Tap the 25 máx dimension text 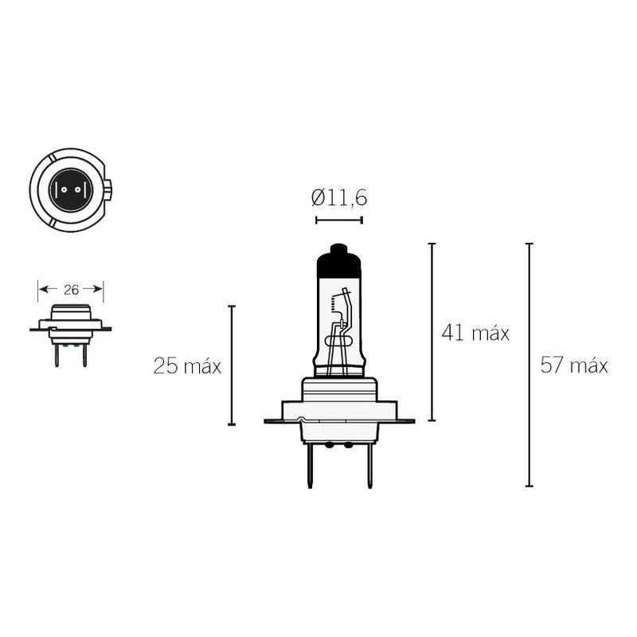pyautogui.click(x=187, y=366)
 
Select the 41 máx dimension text pyautogui.click(x=475, y=333)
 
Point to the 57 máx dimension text pyautogui.click(x=574, y=366)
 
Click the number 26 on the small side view pyautogui.click(x=71, y=290)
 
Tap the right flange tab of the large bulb pyautogui.click(x=404, y=419)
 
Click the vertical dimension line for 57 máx pyautogui.click(x=529, y=365)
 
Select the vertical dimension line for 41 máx pyautogui.click(x=432, y=331)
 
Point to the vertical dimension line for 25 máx pyautogui.click(x=232, y=365)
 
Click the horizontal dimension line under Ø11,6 pyautogui.click(x=339, y=220)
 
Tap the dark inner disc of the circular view pyautogui.click(x=71, y=189)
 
